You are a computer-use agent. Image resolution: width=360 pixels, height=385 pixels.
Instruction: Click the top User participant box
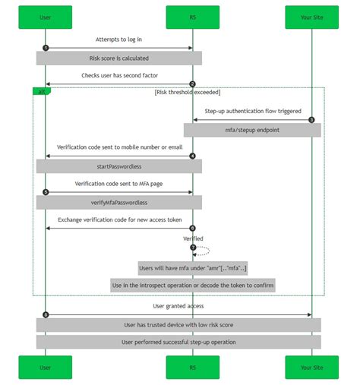pyautogui.click(x=46, y=17)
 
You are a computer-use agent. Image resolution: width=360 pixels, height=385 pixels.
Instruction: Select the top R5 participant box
pyautogui.click(x=192, y=17)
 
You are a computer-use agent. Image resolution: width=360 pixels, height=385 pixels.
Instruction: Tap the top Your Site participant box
pyautogui.click(x=311, y=17)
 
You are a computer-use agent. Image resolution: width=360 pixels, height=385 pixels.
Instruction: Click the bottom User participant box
pyautogui.click(x=46, y=367)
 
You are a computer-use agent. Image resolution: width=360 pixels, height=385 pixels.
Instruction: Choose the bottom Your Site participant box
pyautogui.click(x=311, y=367)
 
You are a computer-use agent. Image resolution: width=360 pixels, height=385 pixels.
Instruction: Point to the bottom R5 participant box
pyautogui.click(x=192, y=367)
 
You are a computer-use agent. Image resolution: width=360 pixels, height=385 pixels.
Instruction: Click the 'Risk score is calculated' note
pyautogui.click(x=119, y=58)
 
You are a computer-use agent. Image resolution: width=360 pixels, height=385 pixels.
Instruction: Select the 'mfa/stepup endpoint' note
pyautogui.click(x=252, y=131)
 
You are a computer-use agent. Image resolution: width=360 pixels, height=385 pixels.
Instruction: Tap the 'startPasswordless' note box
pyautogui.click(x=119, y=166)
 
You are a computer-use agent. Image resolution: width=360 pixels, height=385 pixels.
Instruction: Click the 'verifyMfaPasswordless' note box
pyautogui.click(x=119, y=203)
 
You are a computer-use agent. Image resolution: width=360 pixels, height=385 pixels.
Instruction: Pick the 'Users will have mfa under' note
pyautogui.click(x=192, y=268)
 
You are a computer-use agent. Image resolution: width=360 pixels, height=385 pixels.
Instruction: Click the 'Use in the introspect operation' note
pyautogui.click(x=192, y=286)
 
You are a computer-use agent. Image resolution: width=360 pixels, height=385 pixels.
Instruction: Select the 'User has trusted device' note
pyautogui.click(x=178, y=325)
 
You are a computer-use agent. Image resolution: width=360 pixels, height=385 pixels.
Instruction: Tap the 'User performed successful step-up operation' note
pyautogui.click(x=178, y=342)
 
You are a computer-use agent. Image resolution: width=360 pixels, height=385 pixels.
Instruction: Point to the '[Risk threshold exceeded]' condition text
pyautogui.click(x=187, y=92)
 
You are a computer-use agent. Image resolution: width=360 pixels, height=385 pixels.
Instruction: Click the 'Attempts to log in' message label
pyautogui.click(x=119, y=39)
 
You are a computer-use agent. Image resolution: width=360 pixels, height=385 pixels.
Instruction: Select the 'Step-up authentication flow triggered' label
pyautogui.click(x=252, y=112)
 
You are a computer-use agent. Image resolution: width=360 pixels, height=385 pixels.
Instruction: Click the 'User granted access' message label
pyautogui.click(x=178, y=306)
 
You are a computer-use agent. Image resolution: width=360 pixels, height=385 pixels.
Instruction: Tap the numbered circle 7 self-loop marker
pyautogui.click(x=193, y=248)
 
